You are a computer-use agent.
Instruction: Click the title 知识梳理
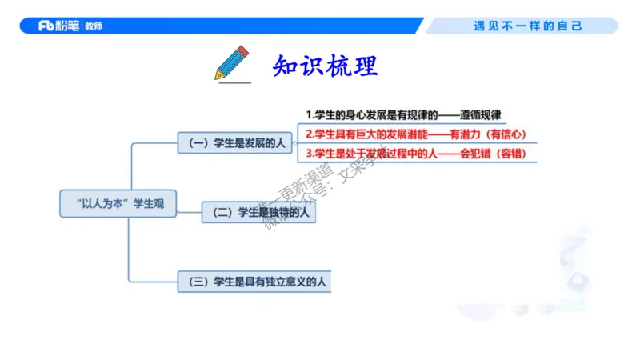tap(324, 65)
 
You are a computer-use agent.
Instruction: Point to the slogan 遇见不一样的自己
tap(528, 26)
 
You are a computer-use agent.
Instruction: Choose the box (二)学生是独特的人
tap(258, 212)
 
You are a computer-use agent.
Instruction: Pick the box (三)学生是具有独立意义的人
tap(255, 281)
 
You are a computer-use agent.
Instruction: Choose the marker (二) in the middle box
tap(222, 212)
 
